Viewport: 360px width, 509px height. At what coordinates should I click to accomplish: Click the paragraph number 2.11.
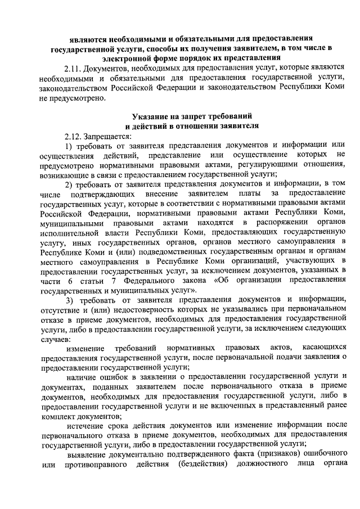click(73, 69)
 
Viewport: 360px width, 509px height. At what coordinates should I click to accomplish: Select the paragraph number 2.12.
click(73, 137)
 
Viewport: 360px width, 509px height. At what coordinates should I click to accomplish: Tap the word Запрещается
click(107, 137)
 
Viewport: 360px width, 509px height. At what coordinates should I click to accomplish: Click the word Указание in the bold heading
click(153, 116)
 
